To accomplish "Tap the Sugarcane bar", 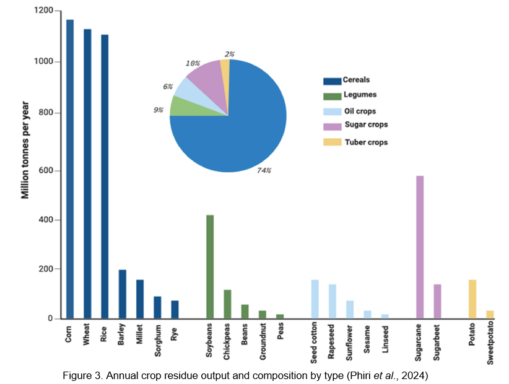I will pos(420,247).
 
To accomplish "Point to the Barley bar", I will pos(123,294).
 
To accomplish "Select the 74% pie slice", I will pos(241,130).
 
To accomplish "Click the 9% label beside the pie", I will pos(159,110).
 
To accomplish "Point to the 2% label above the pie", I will pos(229,55).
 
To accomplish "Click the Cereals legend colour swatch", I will pos(332,81).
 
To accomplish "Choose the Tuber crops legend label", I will pos(365,142).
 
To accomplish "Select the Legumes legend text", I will pos(359,95).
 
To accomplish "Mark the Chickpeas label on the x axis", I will pos(227,341).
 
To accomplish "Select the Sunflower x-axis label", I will pos(350,340).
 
